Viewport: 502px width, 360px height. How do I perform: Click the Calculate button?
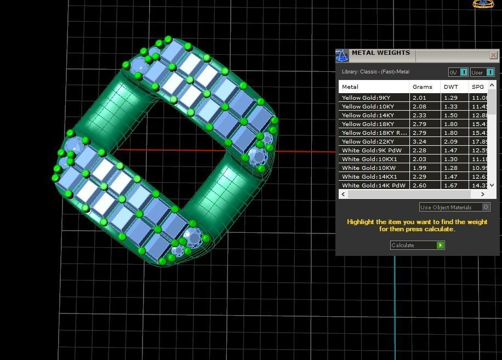click(x=417, y=245)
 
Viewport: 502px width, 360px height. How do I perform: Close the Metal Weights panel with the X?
click(x=493, y=55)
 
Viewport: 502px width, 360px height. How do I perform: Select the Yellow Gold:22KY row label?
click(x=367, y=141)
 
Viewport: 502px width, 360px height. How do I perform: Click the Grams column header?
click(x=423, y=87)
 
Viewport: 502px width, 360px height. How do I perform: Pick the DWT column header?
click(x=451, y=87)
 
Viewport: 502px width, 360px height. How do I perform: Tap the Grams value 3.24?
click(x=419, y=141)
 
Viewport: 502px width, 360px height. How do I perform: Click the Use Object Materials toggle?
click(x=486, y=207)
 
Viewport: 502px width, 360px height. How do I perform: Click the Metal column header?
click(x=350, y=87)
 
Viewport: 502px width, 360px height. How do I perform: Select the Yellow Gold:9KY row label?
click(x=366, y=98)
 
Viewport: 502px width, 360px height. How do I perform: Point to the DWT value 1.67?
click(x=450, y=185)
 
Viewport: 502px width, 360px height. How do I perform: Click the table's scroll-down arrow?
click(x=492, y=185)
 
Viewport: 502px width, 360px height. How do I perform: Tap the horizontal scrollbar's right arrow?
click(x=483, y=194)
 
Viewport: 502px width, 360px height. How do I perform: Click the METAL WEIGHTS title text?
click(x=380, y=53)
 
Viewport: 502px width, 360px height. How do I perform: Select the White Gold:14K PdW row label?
click(x=373, y=185)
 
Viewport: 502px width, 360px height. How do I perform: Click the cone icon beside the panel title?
click(x=342, y=56)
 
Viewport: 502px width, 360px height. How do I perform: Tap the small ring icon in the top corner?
click(x=483, y=4)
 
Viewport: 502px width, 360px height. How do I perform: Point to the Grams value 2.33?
click(x=419, y=115)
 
